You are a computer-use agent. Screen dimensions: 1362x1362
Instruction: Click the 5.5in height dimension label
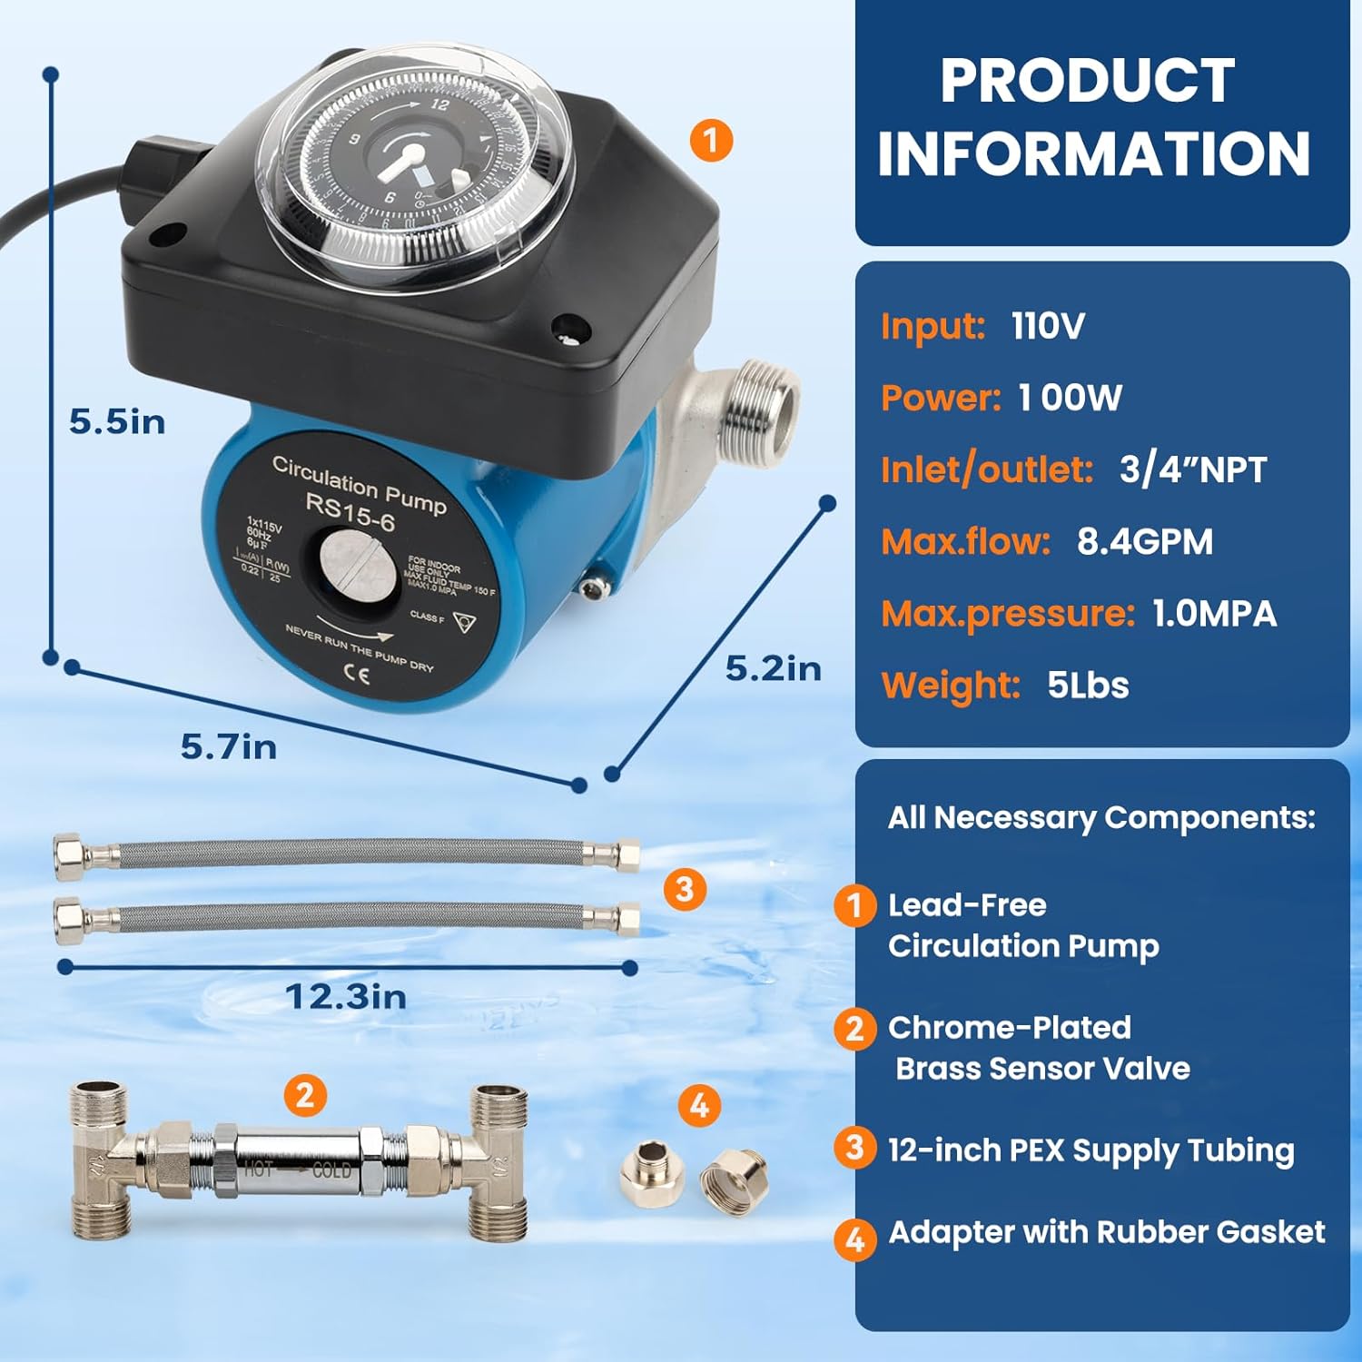117,422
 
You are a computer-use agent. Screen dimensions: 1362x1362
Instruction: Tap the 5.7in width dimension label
228,746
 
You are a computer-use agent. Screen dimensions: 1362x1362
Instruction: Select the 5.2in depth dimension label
773,668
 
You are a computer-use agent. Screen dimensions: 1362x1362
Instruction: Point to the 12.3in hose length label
346,997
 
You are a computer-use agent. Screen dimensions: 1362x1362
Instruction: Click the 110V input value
1048,326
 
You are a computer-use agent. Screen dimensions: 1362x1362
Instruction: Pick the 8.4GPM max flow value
1144,541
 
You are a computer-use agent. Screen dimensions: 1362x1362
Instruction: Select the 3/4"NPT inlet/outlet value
1192,469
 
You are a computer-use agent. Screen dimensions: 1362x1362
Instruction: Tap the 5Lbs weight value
1088,686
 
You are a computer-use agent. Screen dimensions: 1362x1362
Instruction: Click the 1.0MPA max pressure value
1214,614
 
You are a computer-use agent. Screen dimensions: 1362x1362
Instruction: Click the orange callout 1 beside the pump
711,141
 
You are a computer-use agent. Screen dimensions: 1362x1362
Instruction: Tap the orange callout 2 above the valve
305,1095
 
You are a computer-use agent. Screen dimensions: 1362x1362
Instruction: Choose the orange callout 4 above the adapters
699,1106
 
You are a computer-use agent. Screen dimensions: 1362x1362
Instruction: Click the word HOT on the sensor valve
258,1170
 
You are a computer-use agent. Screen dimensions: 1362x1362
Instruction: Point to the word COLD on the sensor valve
331,1171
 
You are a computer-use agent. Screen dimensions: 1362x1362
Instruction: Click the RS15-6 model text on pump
350,513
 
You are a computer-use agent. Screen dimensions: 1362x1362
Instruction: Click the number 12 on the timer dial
439,104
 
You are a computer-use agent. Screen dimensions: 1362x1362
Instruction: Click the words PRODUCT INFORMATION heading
1092,118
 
